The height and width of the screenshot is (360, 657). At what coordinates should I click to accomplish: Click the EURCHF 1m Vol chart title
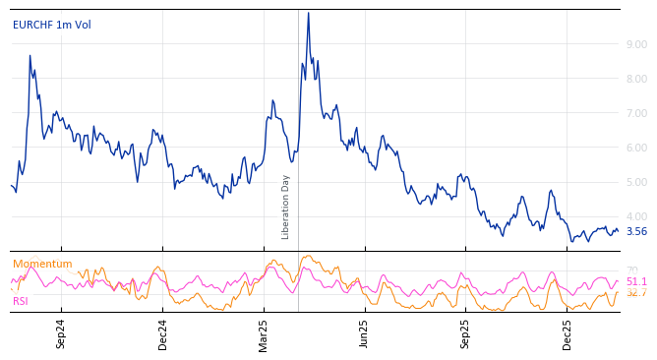click(x=51, y=25)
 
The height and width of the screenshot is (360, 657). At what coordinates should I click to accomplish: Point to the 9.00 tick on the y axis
click(x=636, y=44)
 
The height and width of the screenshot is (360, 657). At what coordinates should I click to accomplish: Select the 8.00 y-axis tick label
click(x=636, y=79)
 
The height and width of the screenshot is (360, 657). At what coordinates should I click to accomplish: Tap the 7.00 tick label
click(x=636, y=113)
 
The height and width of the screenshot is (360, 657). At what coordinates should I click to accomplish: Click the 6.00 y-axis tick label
click(x=636, y=148)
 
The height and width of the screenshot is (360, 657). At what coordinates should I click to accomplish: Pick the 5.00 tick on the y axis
click(x=636, y=182)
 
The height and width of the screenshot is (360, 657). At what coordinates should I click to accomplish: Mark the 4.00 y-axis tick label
click(x=636, y=216)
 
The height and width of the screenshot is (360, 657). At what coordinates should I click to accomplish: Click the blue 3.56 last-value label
click(x=636, y=232)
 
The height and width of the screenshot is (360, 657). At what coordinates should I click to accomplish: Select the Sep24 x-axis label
click(x=61, y=333)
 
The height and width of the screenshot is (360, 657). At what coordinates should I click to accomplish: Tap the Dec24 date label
click(x=163, y=333)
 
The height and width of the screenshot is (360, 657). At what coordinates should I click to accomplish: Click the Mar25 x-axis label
click(x=264, y=333)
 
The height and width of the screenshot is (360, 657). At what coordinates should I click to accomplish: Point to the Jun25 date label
click(x=365, y=333)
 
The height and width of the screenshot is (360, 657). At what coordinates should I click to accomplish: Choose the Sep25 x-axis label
click(x=466, y=333)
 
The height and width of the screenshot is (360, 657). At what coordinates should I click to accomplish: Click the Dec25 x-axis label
click(x=567, y=333)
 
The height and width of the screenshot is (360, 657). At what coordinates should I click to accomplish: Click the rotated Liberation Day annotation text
click(x=286, y=207)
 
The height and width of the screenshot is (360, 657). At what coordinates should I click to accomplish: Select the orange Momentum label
click(x=42, y=264)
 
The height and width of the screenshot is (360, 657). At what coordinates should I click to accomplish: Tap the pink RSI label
click(x=21, y=301)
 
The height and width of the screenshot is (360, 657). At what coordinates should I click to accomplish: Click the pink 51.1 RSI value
click(x=636, y=281)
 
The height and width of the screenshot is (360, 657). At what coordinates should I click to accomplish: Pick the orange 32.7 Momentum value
click(x=636, y=293)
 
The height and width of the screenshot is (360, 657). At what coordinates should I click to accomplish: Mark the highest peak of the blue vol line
click(x=308, y=13)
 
